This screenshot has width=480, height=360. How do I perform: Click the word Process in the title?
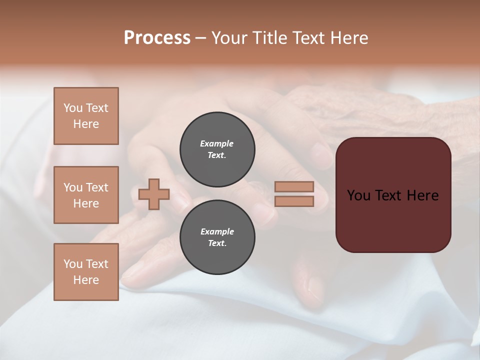click(x=157, y=38)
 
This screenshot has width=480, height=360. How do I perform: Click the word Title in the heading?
click(x=267, y=38)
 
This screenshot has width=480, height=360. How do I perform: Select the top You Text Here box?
click(x=86, y=116)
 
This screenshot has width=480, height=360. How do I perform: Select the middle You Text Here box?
click(x=86, y=195)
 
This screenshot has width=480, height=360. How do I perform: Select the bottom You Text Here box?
click(x=86, y=272)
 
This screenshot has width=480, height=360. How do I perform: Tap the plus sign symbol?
click(x=154, y=194)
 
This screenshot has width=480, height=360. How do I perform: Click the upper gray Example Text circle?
click(x=217, y=149)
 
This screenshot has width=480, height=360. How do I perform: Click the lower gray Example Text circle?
click(x=217, y=237)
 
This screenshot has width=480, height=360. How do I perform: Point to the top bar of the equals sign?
click(x=294, y=186)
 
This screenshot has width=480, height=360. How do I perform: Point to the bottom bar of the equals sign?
click(x=294, y=201)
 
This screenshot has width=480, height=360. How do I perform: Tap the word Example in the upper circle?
click(x=217, y=143)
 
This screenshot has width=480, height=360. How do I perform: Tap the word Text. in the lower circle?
click(x=217, y=243)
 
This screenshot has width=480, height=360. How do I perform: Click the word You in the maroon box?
click(x=358, y=195)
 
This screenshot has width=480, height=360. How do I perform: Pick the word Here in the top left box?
click(x=86, y=124)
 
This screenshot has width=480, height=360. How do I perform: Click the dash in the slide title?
click(x=201, y=38)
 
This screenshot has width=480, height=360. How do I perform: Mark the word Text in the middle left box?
click(x=97, y=187)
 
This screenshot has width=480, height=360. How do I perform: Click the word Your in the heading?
click(x=230, y=38)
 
